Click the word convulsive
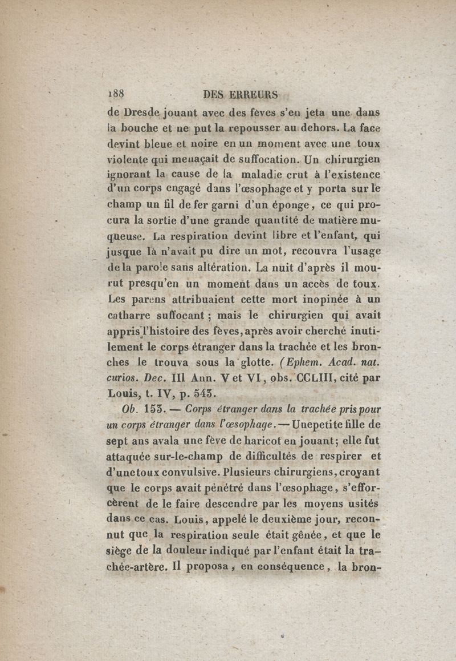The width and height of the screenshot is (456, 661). (185, 473)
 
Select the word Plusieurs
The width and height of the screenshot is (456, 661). (248, 473)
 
